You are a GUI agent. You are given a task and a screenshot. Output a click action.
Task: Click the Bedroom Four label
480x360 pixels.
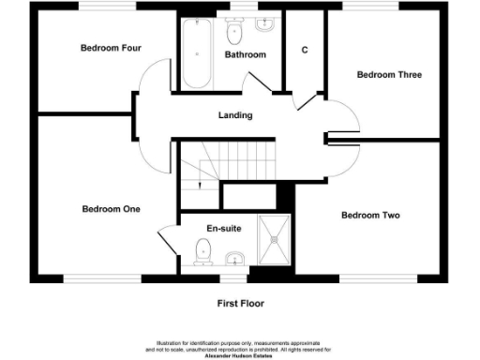click(x=104, y=49)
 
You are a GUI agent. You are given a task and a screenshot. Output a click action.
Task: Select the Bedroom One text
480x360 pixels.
click(x=111, y=209)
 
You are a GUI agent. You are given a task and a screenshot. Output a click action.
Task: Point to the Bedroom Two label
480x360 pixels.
click(x=369, y=216)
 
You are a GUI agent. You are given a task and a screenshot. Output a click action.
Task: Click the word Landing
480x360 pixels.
click(x=234, y=115)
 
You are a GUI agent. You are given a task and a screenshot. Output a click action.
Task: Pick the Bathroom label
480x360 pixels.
click(x=245, y=55)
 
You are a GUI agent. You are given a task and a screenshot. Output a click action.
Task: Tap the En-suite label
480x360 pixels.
click(x=225, y=228)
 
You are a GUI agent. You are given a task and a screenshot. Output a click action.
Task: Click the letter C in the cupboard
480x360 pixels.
click(x=305, y=50)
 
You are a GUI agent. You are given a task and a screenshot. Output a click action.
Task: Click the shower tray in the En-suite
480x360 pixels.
click(x=276, y=241)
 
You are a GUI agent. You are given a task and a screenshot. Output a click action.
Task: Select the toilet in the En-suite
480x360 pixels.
click(x=202, y=252)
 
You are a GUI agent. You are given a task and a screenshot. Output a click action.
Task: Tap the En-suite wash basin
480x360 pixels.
click(x=235, y=258)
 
